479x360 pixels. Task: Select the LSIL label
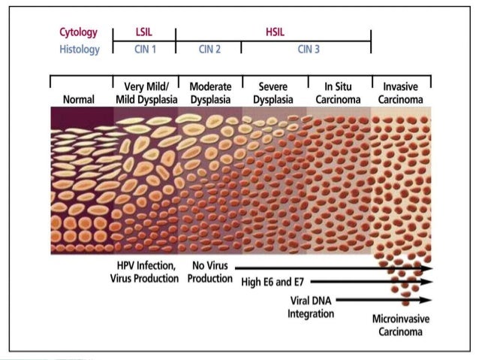tap(143, 33)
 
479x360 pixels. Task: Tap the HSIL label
tap(276, 33)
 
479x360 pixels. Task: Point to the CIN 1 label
tap(143, 50)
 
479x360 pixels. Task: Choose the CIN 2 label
tap(209, 50)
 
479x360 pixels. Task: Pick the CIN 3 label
tap(308, 50)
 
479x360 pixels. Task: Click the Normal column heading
tap(81, 98)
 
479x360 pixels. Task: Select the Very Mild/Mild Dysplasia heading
tap(145, 92)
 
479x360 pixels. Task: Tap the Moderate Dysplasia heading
tap(210, 92)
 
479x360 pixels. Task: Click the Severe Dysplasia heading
tap(274, 92)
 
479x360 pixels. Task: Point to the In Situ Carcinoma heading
tap(338, 92)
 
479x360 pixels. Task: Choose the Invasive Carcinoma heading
tap(402, 92)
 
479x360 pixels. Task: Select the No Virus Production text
tap(209, 272)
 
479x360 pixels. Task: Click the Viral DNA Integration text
tap(312, 307)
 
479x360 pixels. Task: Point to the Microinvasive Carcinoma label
tap(402, 325)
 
